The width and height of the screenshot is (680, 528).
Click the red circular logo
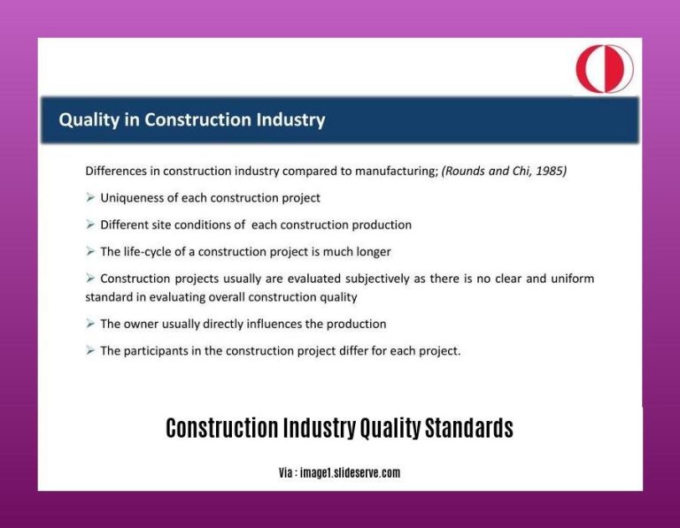pos(604,69)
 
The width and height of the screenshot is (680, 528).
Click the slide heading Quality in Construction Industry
pos(192,119)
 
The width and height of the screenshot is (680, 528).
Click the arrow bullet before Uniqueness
pos(90,198)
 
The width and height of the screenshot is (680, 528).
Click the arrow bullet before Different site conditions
pos(90,225)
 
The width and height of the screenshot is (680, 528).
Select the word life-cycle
pos(151,251)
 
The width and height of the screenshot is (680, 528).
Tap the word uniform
pos(572,279)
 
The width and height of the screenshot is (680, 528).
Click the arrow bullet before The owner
pos(90,324)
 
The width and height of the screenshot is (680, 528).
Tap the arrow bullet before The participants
pos(90,351)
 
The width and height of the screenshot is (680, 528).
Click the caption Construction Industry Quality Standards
pos(339,429)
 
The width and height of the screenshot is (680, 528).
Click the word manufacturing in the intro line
pos(396,172)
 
